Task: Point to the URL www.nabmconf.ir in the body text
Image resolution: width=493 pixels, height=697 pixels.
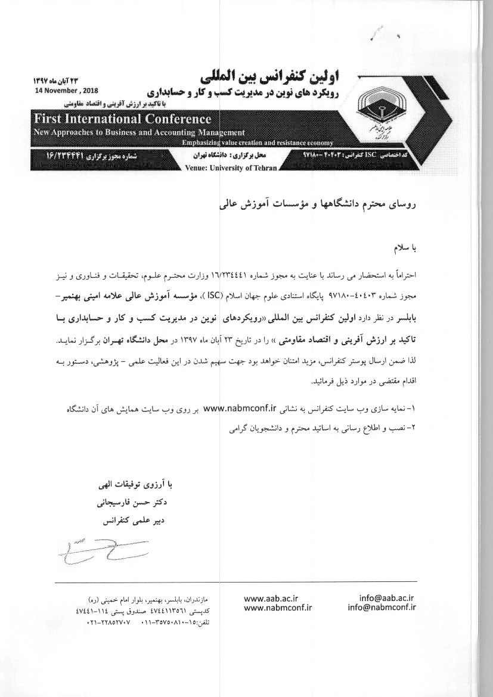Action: [x=241, y=409]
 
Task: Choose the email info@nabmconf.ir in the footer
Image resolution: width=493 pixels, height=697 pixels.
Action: [x=382, y=608]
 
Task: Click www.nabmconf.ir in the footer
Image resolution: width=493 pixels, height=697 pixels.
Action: [x=278, y=608]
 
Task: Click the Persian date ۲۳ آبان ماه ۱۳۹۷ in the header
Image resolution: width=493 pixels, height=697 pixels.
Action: [x=57, y=80]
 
